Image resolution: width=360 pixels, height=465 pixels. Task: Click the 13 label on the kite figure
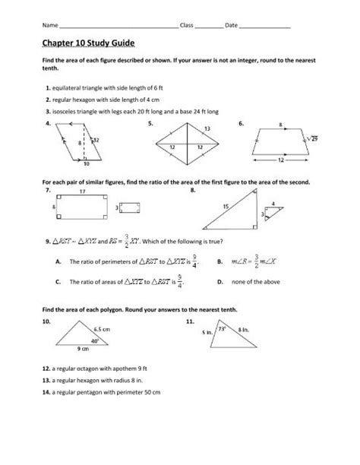coord(207,129)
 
